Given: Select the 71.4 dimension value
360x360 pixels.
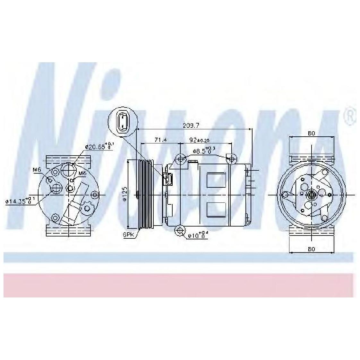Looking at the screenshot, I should point(160,140).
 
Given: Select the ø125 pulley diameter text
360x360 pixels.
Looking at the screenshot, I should point(124,193).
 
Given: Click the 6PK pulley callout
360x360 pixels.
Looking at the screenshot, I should point(128,235).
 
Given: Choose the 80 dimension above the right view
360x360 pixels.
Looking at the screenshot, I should point(311,133).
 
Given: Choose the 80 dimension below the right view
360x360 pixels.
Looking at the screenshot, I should point(311,249).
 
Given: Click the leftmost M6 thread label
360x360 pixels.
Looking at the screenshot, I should point(38,170).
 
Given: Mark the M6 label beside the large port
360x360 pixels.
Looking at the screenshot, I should point(83,173).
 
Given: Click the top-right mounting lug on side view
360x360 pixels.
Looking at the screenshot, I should point(231,158).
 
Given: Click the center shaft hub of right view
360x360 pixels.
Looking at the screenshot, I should point(311,194).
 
